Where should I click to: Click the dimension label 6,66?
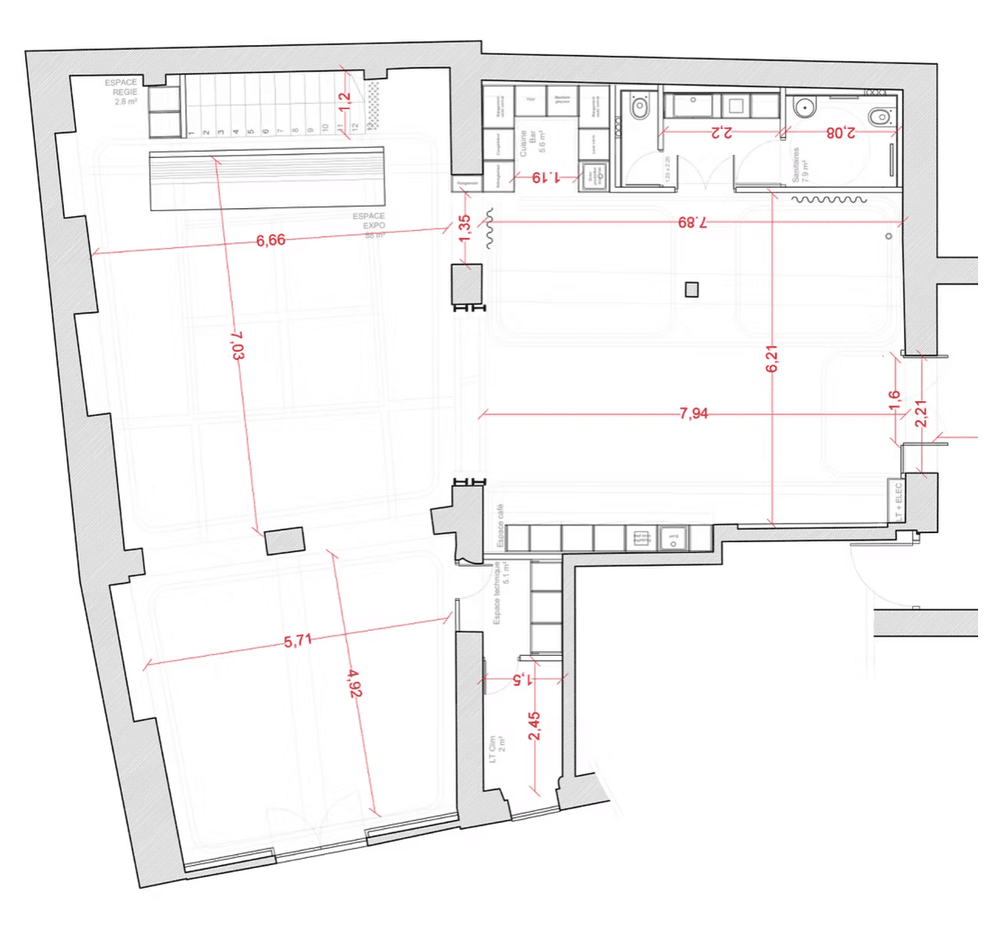pos(271,240)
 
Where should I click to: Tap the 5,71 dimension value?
pos(298,641)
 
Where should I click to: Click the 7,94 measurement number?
pos(693,413)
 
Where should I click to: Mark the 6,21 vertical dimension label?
pos(771,358)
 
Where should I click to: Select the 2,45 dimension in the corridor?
pos(534,725)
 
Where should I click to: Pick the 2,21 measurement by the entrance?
pos(922,413)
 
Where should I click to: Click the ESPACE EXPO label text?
pos(369,221)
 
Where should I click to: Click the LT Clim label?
pos(497,749)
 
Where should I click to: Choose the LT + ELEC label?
pos(899,501)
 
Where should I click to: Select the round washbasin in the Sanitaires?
pos(803,108)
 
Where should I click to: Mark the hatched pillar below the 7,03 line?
pos(285,541)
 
